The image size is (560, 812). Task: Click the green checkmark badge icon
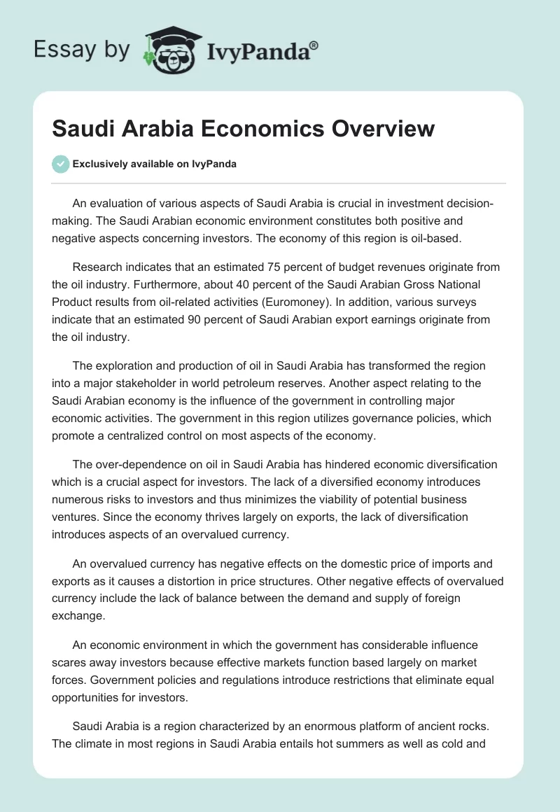(x=60, y=164)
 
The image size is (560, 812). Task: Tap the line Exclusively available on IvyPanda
(x=153, y=164)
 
